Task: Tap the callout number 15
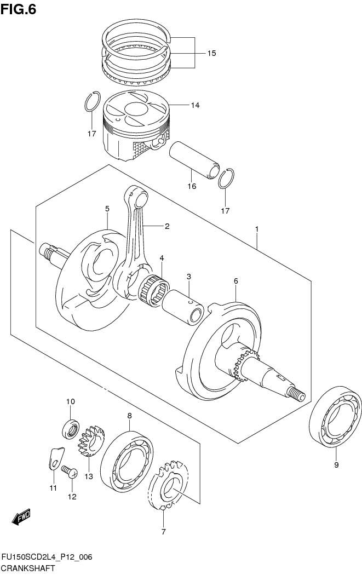211,53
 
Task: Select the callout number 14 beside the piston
196,105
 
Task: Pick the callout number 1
256,228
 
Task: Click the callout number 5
107,209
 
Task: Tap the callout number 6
235,280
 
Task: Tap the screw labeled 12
70,470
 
